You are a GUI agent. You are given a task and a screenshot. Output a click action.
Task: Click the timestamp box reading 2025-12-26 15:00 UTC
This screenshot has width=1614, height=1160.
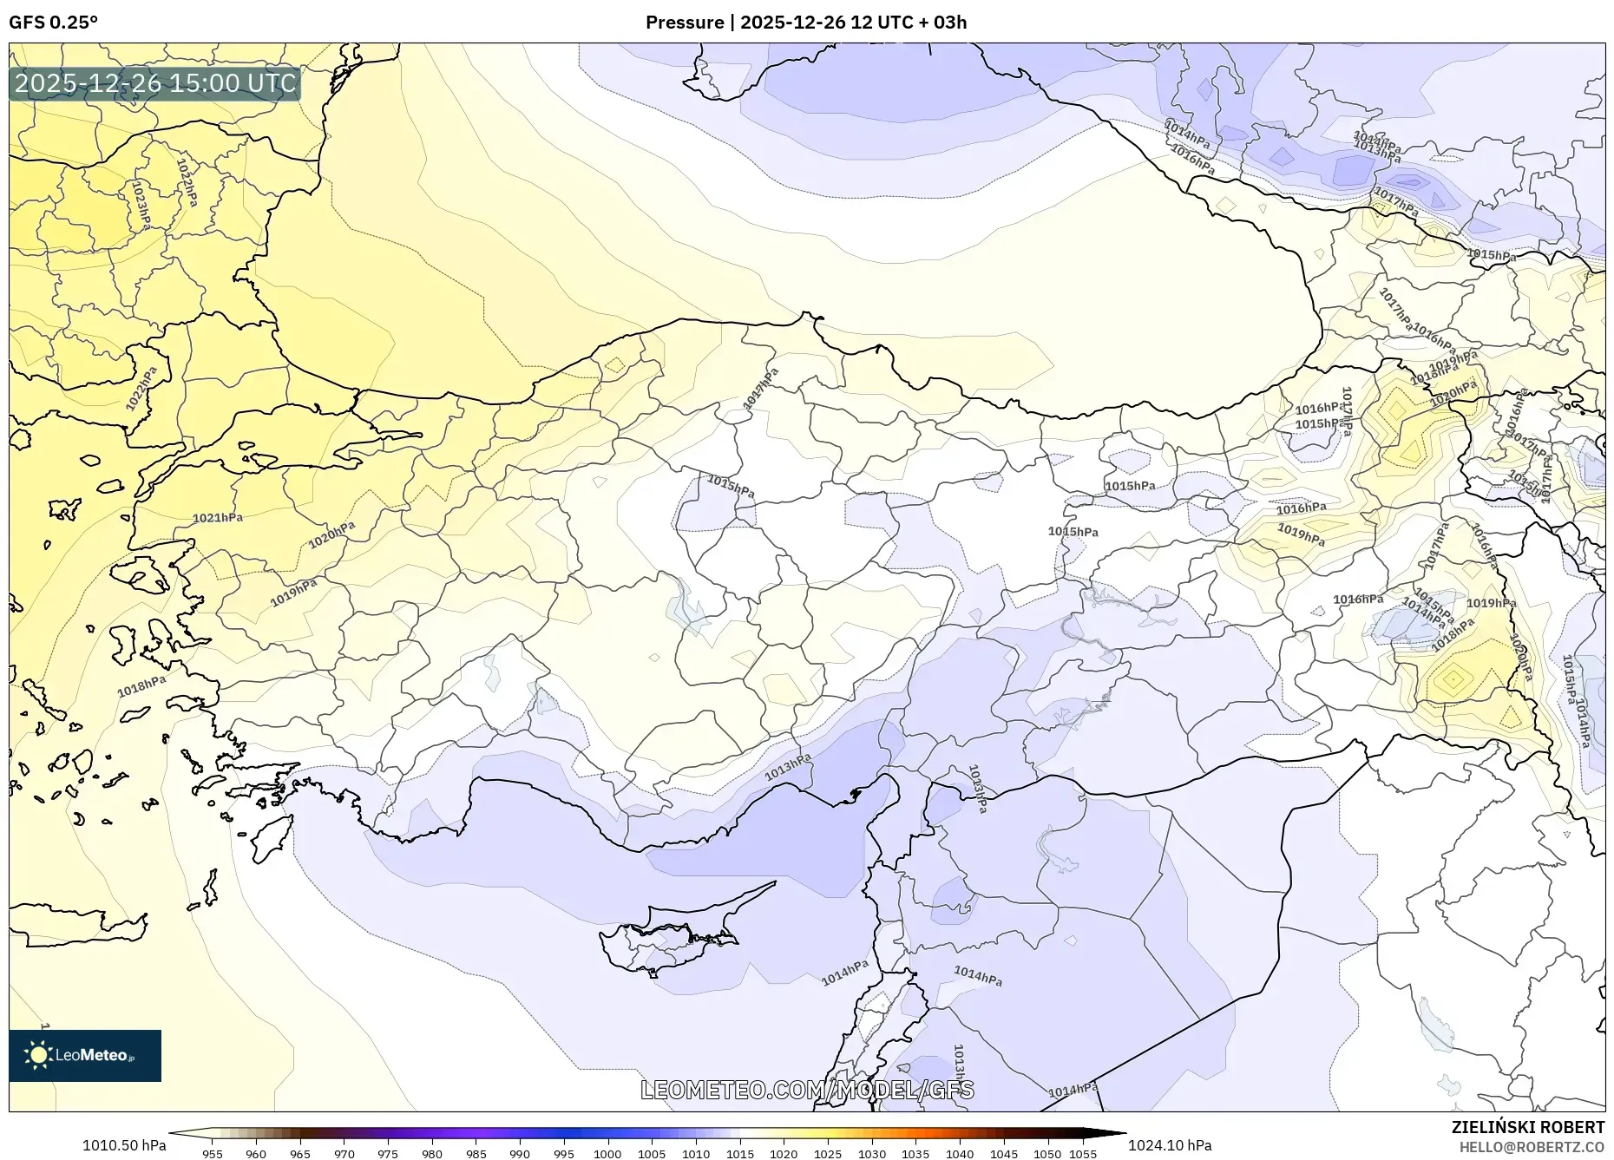155,83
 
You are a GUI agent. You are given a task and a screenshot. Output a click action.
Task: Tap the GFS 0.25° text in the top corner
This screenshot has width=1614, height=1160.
53,23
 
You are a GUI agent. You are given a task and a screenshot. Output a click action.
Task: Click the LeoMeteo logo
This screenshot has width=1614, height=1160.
85,1055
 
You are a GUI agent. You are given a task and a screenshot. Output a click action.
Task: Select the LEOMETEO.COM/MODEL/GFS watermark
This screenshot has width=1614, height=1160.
807,1090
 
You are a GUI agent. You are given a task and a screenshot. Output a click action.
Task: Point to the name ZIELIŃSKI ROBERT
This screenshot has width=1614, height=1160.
1527,1127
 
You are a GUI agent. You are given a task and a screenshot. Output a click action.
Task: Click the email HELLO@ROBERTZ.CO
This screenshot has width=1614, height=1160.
1532,1147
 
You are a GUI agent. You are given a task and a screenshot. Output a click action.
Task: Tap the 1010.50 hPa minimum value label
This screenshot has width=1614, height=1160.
124,1145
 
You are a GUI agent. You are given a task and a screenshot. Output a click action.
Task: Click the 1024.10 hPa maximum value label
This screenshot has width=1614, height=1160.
1170,1145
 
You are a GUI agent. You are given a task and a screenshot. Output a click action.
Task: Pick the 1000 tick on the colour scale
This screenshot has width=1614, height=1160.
607,1154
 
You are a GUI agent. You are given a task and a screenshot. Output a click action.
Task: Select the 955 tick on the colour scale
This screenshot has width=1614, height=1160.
213,1154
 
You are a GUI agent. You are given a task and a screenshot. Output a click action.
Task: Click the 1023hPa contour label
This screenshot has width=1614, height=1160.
141,205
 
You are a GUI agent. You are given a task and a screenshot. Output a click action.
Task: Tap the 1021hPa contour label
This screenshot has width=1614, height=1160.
217,518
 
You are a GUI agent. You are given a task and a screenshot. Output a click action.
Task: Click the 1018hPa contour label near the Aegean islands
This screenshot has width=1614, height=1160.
141,686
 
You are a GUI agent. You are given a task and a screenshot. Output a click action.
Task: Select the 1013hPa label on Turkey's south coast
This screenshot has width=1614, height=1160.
788,766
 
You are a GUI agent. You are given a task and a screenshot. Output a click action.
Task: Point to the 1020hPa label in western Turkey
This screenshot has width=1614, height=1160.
331,535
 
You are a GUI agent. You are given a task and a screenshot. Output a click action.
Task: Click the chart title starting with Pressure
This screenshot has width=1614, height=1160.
805,23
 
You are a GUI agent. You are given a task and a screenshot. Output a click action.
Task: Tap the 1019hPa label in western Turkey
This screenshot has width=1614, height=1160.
293,593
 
